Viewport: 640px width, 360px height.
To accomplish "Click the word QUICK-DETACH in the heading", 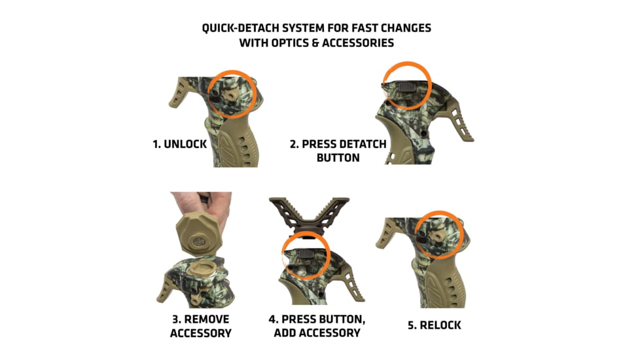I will (x=240, y=29).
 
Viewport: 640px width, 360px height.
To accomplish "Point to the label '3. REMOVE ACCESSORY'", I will (x=200, y=326).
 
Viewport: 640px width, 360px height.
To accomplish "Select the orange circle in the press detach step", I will (x=406, y=85).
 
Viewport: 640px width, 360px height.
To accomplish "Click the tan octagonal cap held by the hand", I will (x=196, y=233).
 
